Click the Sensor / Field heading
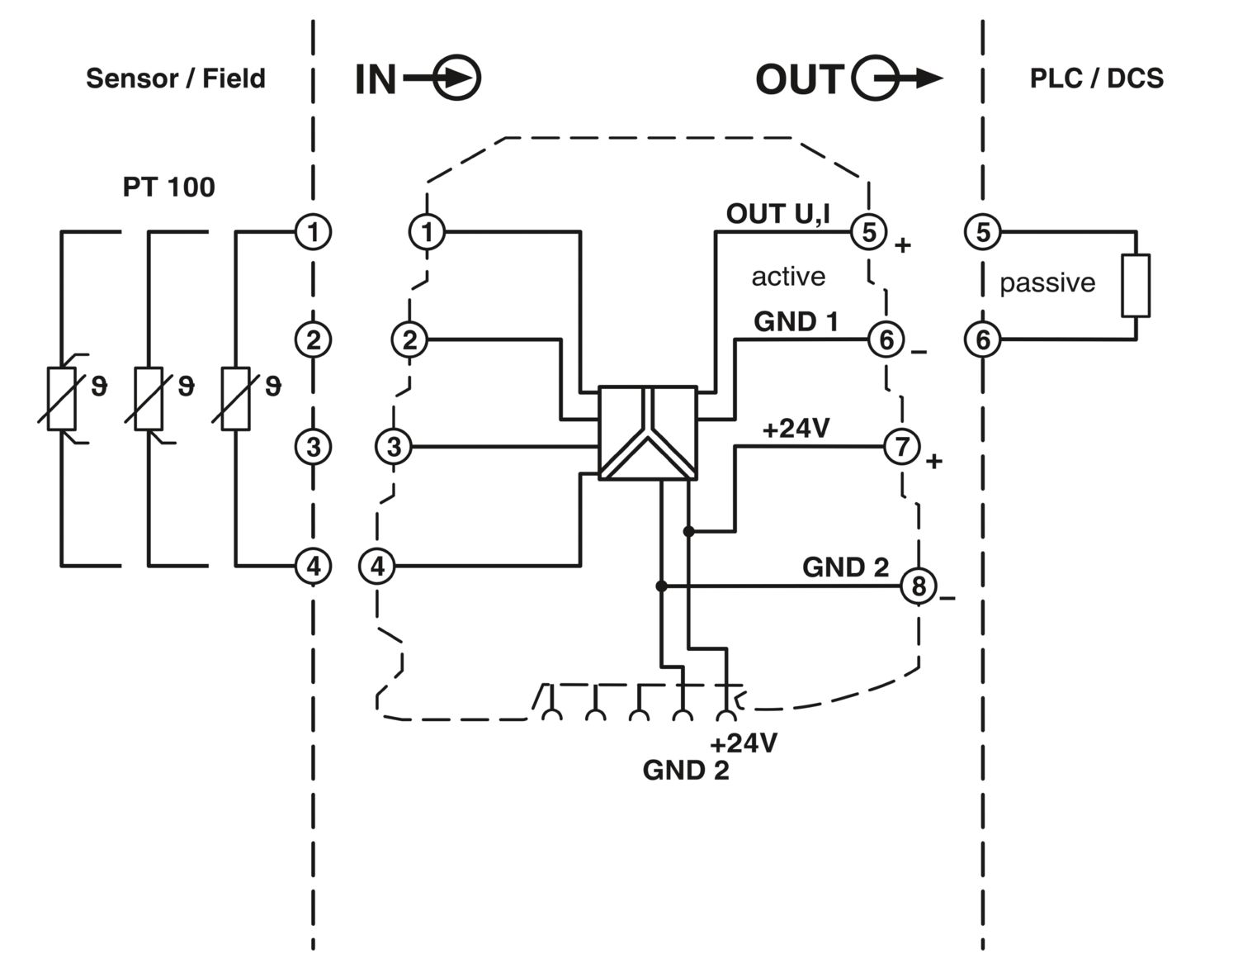[175, 78]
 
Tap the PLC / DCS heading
[1096, 78]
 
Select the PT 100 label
[168, 187]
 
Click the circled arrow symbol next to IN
[456, 79]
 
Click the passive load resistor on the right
[1135, 287]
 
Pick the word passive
[1047, 283]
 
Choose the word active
[787, 276]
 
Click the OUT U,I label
[778, 214]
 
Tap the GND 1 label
[796, 322]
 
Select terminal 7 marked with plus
[901, 447]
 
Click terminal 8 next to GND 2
[918, 586]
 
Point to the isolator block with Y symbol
[648, 434]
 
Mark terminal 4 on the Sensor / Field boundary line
[313, 567]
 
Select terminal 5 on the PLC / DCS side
[982, 231]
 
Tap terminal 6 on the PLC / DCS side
[982, 339]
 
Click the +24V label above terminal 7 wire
[796, 429]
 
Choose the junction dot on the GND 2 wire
[661, 586]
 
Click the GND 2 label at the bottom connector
[685, 771]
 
